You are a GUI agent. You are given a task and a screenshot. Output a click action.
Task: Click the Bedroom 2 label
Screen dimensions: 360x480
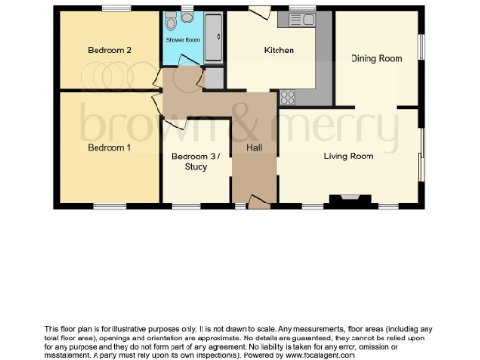point(109,50)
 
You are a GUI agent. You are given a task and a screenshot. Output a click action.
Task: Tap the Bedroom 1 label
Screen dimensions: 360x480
point(109,148)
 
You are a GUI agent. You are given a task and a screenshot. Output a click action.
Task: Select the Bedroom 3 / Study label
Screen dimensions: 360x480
point(196,162)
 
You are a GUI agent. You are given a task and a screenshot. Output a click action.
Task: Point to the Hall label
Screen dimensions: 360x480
point(254,148)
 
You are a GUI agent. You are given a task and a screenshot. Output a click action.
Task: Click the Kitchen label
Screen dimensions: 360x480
point(279,51)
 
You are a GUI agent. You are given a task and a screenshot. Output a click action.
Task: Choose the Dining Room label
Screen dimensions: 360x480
point(376,58)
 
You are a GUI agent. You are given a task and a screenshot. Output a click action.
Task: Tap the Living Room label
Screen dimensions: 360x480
point(349,157)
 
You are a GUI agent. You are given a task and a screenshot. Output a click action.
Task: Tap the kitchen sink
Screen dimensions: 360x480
point(302,19)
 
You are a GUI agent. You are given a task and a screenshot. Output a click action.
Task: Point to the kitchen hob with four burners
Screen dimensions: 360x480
point(288,95)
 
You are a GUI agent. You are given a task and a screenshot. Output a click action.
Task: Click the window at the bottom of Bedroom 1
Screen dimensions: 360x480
point(109,206)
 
